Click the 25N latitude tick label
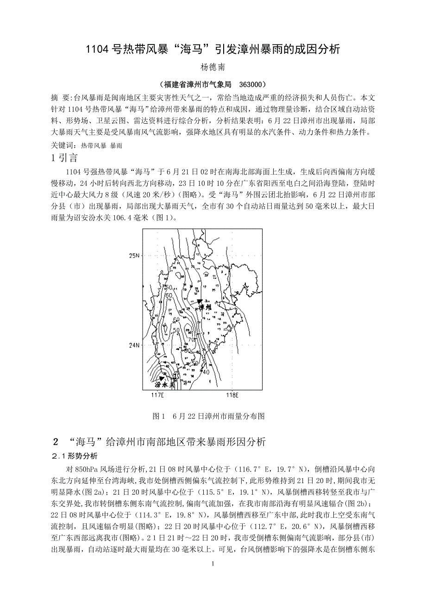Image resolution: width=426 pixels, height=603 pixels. click(x=135, y=256)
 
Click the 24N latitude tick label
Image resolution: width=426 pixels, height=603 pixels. click(x=135, y=345)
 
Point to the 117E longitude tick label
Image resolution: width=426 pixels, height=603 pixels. click(x=158, y=395)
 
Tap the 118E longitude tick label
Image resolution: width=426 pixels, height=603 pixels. click(x=231, y=395)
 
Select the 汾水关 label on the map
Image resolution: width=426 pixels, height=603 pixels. click(x=164, y=384)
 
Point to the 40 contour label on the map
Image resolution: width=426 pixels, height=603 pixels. click(x=206, y=371)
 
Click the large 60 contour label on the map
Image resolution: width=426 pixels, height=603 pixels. click(x=168, y=295)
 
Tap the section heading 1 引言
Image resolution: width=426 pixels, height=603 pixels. click(x=64, y=158)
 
